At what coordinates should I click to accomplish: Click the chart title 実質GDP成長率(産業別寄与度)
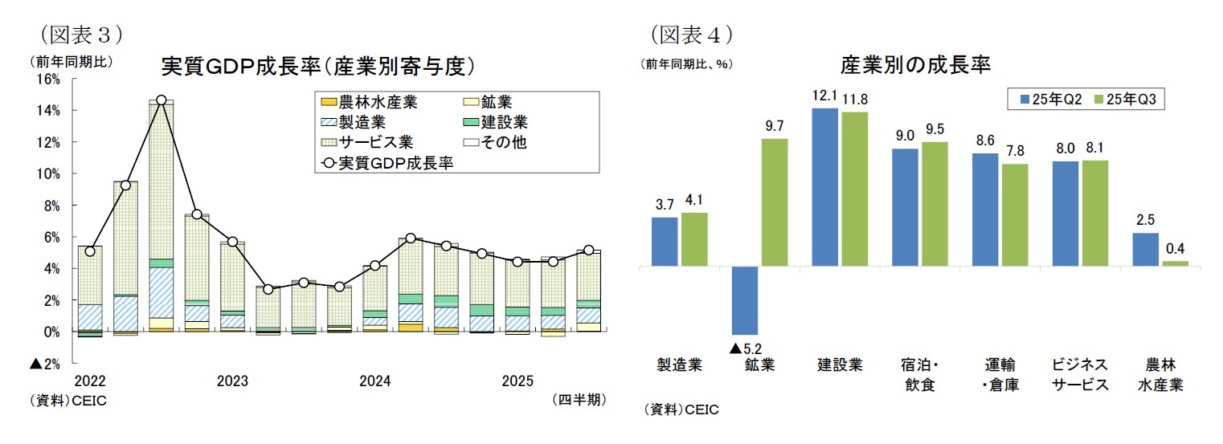pyautogui.click(x=314, y=66)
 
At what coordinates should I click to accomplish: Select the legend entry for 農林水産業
pyautogui.click(x=368, y=102)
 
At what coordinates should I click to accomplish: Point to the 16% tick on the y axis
pyautogui.click(x=49, y=79)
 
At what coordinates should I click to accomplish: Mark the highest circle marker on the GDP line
pyautogui.click(x=162, y=100)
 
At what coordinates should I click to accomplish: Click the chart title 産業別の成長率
pyautogui.click(x=915, y=64)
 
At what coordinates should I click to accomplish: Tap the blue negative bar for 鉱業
pyautogui.click(x=744, y=299)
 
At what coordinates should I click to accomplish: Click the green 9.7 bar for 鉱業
pyautogui.click(x=775, y=202)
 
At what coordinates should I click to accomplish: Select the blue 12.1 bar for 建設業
pyautogui.click(x=825, y=186)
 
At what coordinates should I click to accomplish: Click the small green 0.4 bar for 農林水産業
pyautogui.click(x=1175, y=263)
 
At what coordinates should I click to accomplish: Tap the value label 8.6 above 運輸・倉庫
pyautogui.click(x=985, y=139)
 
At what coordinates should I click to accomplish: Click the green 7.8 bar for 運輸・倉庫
pyautogui.click(x=1015, y=214)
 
